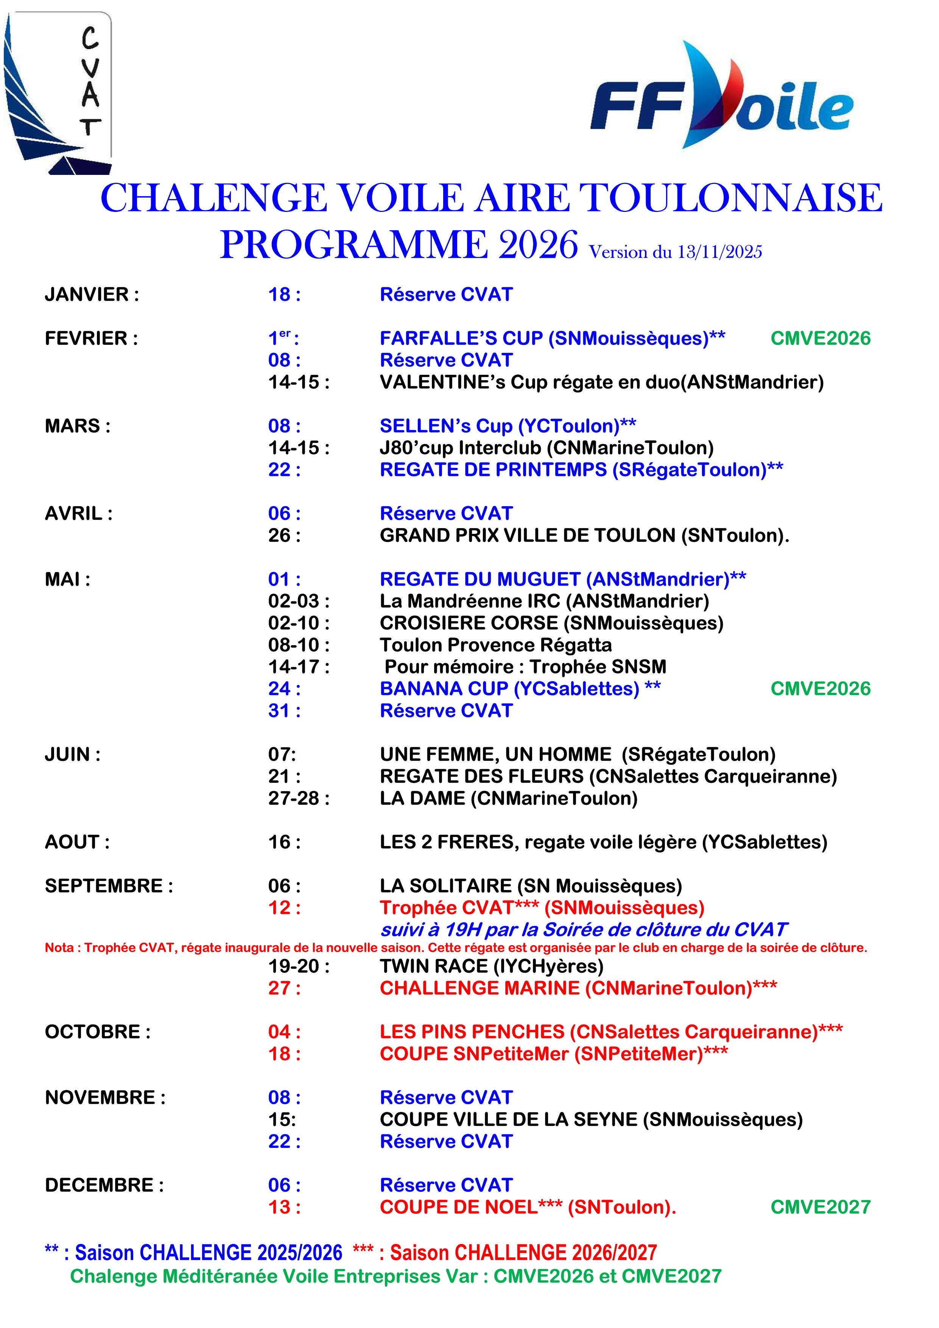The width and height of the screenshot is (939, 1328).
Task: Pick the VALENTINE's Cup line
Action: pyautogui.click(x=601, y=382)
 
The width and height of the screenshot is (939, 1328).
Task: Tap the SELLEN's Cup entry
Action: pyautogui.click(x=508, y=426)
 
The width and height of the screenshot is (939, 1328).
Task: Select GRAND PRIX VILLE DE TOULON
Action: pyautogui.click(x=584, y=536)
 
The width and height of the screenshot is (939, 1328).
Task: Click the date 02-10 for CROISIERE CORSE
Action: pyautogui.click(x=298, y=623)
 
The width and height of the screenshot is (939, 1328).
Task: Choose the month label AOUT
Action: pyautogui.click(x=77, y=842)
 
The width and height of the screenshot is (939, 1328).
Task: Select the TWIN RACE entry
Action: pyautogui.click(x=492, y=966)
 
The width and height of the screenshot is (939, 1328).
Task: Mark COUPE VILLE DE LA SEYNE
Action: pyautogui.click(x=591, y=1120)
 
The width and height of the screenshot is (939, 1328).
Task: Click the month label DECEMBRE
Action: pyautogui.click(x=104, y=1185)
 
